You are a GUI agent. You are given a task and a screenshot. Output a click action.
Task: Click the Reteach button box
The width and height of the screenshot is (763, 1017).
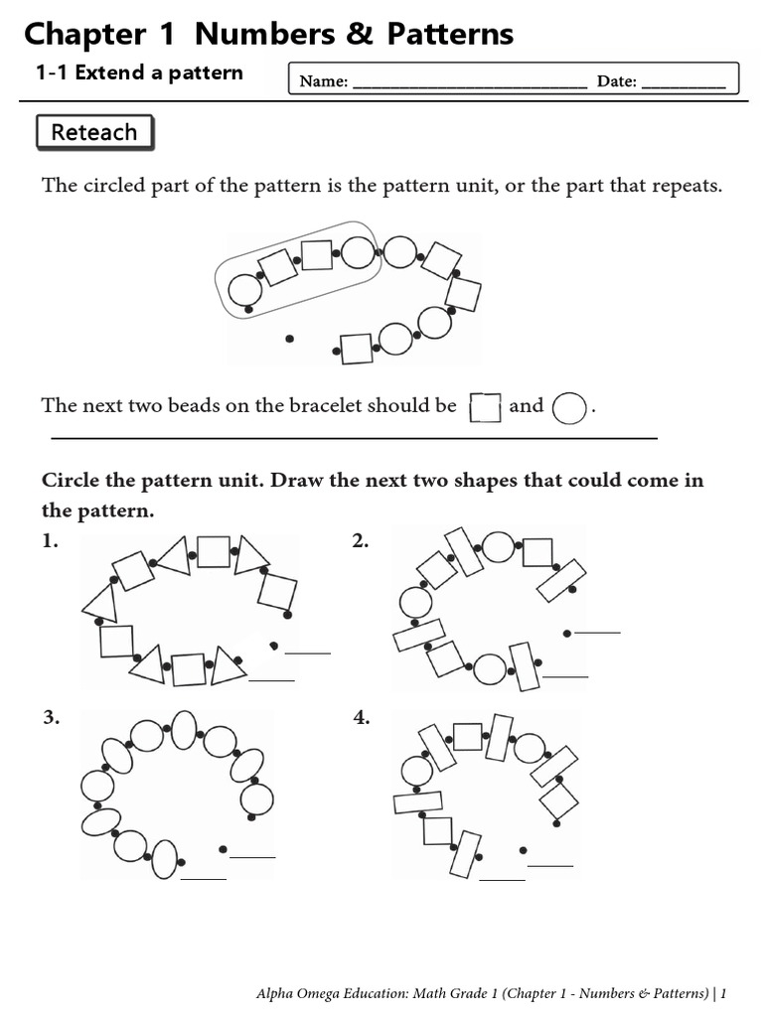[94, 132]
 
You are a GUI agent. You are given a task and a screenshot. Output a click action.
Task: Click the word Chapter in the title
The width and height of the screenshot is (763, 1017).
[85, 35]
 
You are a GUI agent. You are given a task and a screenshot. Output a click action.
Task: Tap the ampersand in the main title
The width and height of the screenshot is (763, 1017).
[360, 34]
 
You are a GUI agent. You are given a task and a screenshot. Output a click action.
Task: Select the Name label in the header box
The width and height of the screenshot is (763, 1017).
[324, 81]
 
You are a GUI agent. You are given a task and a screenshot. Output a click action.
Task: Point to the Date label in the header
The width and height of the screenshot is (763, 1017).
[616, 81]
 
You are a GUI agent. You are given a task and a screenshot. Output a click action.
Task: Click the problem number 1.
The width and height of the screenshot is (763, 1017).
[50, 541]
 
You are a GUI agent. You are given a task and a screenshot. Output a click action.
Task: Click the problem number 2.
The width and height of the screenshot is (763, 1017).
[360, 541]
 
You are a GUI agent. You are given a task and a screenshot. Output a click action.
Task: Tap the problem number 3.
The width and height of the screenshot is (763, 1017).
[52, 717]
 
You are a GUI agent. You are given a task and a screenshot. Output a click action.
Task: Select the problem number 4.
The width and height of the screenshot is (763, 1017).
[362, 717]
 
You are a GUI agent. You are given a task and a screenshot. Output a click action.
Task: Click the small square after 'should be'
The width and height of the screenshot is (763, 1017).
[485, 408]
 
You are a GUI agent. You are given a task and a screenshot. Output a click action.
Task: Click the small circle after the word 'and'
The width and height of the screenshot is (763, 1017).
[569, 408]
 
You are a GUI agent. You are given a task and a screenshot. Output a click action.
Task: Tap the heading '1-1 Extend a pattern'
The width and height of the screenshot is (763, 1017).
[139, 73]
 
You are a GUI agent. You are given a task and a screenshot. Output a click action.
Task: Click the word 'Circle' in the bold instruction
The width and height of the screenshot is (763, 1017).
[71, 480]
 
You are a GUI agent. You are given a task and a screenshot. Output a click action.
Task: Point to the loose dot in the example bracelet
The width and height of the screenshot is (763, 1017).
[289, 338]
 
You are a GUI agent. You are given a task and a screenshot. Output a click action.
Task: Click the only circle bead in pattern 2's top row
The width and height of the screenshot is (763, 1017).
[499, 547]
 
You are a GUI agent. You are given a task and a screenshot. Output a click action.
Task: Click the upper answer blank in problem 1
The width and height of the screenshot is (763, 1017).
[308, 653]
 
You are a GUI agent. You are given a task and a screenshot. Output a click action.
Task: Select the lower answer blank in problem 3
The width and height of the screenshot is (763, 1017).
[203, 879]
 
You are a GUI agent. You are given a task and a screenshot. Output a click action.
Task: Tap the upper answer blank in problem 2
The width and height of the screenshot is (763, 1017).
[597, 632]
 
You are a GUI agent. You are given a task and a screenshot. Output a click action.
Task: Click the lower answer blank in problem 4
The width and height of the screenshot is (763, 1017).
[502, 880]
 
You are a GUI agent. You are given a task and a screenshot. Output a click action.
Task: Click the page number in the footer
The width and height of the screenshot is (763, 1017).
[723, 993]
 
